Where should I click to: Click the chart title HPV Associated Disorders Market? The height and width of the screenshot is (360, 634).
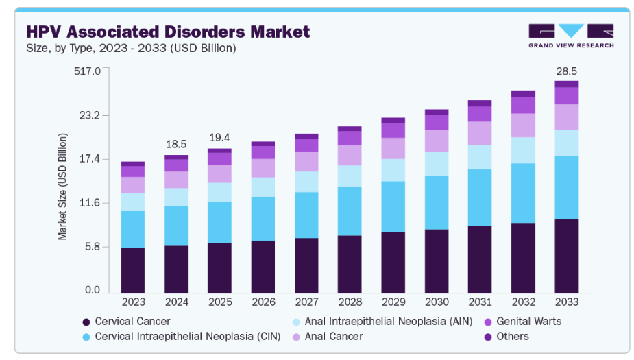(x=167, y=32)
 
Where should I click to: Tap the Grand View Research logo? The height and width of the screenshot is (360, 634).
(x=571, y=36)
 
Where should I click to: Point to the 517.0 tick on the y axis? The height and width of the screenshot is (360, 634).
(x=87, y=71)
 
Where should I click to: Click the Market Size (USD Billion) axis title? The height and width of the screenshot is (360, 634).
(x=62, y=187)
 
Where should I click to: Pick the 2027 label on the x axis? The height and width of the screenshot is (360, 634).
(x=306, y=302)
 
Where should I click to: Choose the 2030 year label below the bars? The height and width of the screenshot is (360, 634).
(x=436, y=302)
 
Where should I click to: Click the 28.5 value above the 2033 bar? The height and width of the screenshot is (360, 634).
(x=566, y=71)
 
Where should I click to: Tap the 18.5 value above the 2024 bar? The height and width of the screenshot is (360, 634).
(x=176, y=145)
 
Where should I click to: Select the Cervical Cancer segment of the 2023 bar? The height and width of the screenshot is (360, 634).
(x=133, y=270)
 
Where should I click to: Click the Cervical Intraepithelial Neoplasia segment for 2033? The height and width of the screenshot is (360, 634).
(x=566, y=187)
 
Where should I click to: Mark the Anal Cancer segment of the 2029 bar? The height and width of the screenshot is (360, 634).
(x=393, y=148)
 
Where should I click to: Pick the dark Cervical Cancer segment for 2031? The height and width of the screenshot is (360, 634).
(x=480, y=259)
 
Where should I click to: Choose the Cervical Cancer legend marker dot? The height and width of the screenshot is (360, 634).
(x=86, y=322)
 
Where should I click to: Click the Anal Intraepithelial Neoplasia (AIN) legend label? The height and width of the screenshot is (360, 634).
(x=374, y=321)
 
